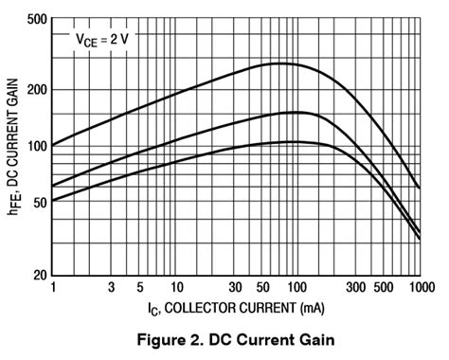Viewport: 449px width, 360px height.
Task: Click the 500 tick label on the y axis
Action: [35, 19]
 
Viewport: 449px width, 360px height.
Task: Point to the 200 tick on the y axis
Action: [35, 90]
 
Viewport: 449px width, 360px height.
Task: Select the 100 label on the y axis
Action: [35, 146]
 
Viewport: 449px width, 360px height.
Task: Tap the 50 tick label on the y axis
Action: [38, 202]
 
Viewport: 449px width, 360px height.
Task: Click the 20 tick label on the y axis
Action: [38, 275]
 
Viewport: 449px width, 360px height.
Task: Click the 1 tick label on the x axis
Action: [53, 286]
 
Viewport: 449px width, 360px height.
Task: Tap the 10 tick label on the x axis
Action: [175, 286]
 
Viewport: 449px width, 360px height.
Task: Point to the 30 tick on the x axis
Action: [234, 286]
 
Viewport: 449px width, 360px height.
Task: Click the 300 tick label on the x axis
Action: [356, 286]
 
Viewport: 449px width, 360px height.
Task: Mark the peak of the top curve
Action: [280, 63]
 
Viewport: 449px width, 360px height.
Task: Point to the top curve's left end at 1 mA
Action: [53, 145]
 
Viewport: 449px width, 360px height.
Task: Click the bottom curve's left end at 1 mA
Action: [53, 201]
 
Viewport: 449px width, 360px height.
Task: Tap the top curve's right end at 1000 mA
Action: [420, 188]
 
